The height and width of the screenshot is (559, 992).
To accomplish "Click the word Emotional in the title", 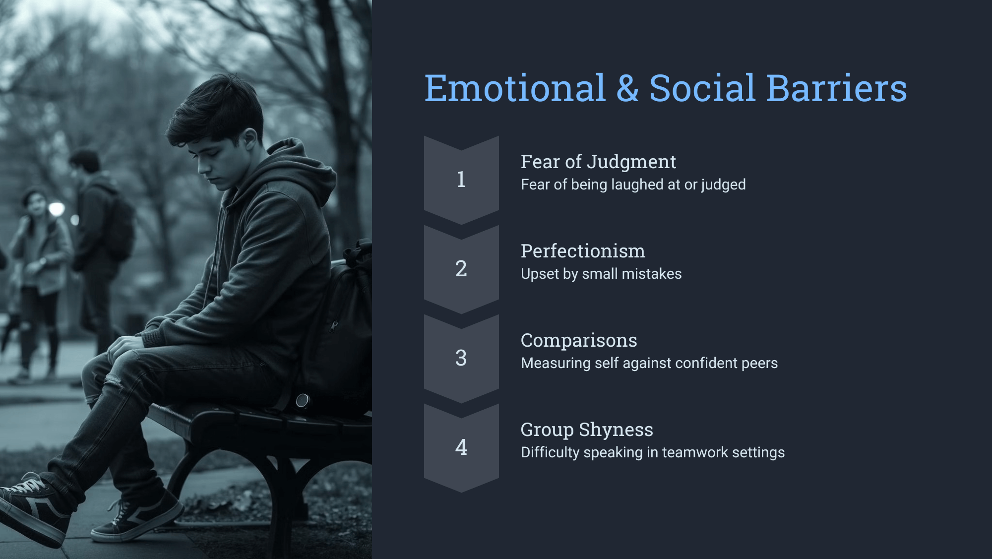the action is pyautogui.click(x=515, y=88).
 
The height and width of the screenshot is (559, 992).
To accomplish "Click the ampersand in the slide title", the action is pyautogui.click(x=627, y=88).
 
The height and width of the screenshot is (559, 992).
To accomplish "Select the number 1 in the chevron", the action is pyautogui.click(x=461, y=179).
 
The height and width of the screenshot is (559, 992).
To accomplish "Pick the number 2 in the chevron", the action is pyautogui.click(x=461, y=268).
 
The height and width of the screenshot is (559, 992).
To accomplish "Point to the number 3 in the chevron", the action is pyautogui.click(x=461, y=358).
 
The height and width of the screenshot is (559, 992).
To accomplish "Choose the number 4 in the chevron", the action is pyautogui.click(x=461, y=447).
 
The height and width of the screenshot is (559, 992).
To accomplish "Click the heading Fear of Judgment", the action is pyautogui.click(x=598, y=162).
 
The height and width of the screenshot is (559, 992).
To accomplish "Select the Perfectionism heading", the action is pyautogui.click(x=583, y=251).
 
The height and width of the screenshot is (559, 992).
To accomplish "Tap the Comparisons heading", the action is pyautogui.click(x=579, y=341).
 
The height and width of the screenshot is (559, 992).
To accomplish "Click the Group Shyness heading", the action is pyautogui.click(x=587, y=430).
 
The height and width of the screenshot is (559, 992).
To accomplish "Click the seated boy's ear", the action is pyautogui.click(x=250, y=138).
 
